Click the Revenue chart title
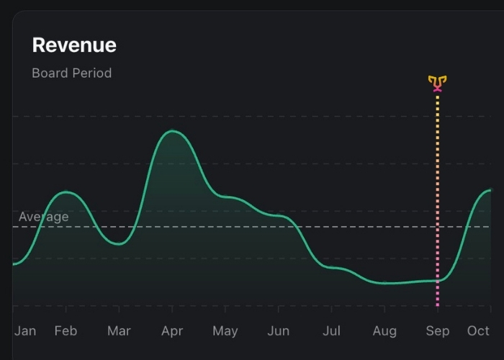tap(74, 45)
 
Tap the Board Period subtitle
tap(72, 73)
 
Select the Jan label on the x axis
tap(25, 330)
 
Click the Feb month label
tap(66, 330)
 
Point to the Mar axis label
tap(119, 330)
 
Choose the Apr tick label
tap(172, 330)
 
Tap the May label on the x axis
tap(225, 330)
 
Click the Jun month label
tap(279, 330)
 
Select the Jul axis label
tap(332, 330)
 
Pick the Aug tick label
tap(384, 330)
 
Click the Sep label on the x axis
tap(438, 330)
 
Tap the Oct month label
tap(478, 330)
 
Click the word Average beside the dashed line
tap(44, 217)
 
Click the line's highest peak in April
tap(172, 131)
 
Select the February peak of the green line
tap(66, 192)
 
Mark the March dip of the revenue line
tap(120, 243)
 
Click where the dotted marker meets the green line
tap(438, 280)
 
